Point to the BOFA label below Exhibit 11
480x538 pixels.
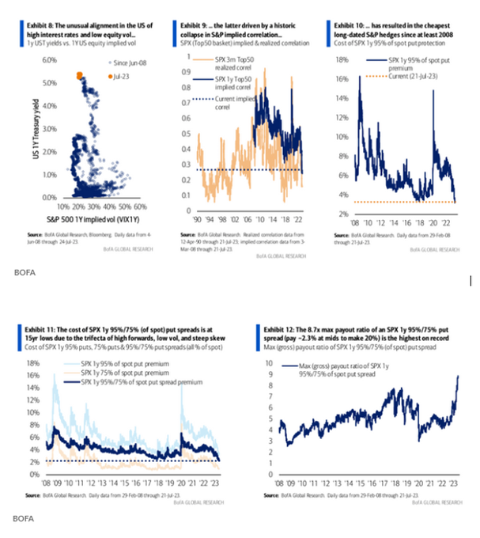21,519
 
